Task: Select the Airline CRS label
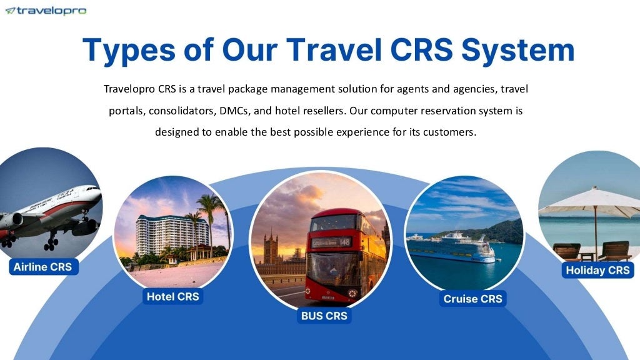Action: tap(42, 267)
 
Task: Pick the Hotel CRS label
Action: tap(172, 296)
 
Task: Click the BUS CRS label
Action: tap(324, 316)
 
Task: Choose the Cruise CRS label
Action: tap(472, 299)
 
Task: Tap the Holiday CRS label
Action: tap(597, 271)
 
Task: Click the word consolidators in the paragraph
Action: tap(181, 111)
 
